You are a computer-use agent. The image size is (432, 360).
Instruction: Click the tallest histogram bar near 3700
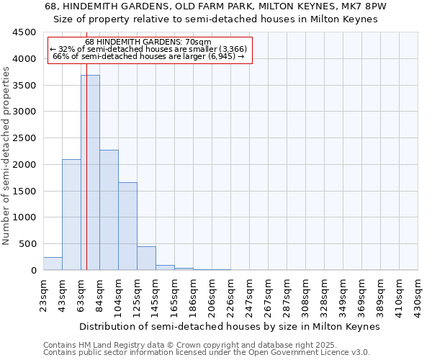point(90,173)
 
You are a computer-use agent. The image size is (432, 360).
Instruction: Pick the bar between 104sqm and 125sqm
point(127,226)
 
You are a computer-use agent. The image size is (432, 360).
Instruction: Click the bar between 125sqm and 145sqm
point(146,258)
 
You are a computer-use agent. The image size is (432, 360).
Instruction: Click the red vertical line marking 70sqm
point(86,180)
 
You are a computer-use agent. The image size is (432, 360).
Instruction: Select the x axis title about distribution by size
point(229,326)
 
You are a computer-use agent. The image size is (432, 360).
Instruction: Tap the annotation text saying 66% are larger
point(150,55)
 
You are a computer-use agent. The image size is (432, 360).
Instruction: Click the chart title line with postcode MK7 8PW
point(216,6)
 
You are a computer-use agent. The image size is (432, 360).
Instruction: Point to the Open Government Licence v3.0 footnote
point(207,353)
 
